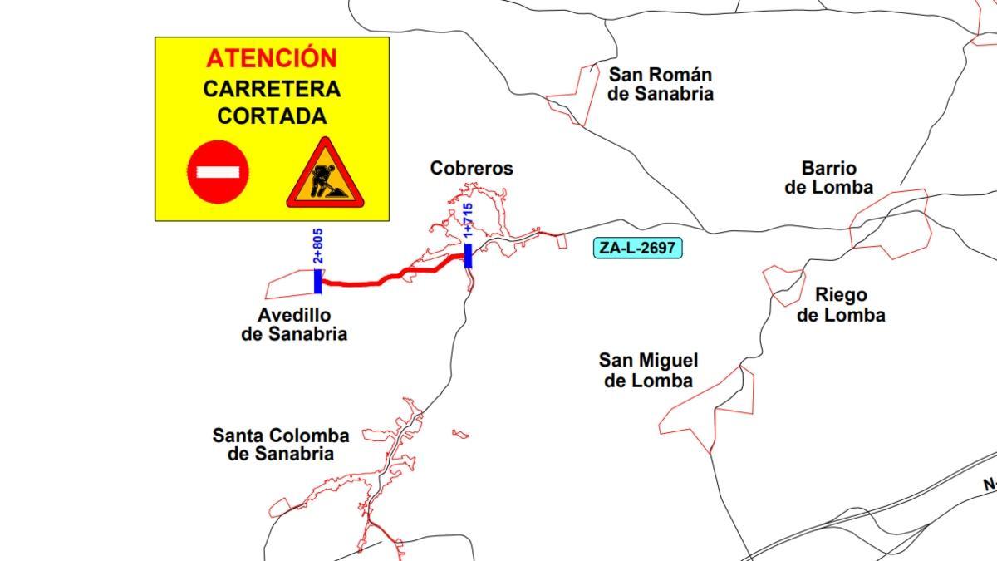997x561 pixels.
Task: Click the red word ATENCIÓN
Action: [272, 58]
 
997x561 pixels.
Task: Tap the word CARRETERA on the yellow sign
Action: [272, 89]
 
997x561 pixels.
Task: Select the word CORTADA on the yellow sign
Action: [272, 116]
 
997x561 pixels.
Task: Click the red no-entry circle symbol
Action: [218, 172]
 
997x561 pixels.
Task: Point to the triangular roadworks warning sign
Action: [325, 176]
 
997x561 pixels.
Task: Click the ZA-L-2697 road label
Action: [638, 248]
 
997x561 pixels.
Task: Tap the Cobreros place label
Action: [471, 169]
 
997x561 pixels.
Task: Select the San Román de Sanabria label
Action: [660, 84]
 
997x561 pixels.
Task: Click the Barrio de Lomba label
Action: [828, 178]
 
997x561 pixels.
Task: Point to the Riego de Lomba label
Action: [840, 305]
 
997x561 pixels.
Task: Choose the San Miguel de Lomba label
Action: [648, 371]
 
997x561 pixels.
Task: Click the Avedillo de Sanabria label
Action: [294, 325]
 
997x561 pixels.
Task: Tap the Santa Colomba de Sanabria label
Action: [281, 445]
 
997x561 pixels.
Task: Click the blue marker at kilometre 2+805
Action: [317, 281]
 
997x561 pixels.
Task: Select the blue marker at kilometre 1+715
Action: [468, 255]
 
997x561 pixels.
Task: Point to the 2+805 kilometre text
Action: [317, 246]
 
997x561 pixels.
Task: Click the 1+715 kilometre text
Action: [468, 221]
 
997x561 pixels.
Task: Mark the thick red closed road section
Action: [390, 277]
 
